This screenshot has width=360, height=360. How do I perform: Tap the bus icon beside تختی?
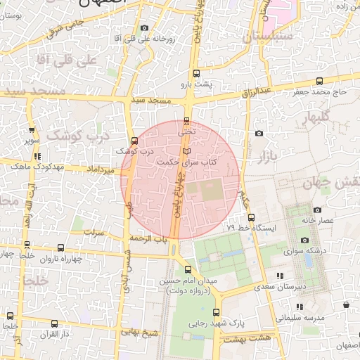click(x=186, y=120)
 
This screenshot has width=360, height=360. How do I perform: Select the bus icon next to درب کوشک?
click(x=134, y=140)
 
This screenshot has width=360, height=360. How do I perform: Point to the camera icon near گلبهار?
click(x=259, y=133)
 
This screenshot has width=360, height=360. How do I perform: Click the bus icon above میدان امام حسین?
click(x=187, y=269)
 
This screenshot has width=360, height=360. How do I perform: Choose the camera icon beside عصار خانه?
click(x=318, y=210)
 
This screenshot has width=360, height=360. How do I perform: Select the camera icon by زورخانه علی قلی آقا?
click(x=145, y=28)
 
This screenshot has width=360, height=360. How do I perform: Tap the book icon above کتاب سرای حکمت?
click(x=186, y=150)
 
